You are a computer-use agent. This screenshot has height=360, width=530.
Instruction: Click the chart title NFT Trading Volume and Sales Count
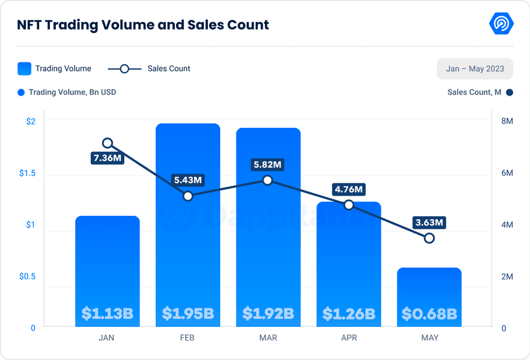pyautogui.click(x=143, y=25)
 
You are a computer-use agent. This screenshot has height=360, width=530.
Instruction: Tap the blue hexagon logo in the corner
pyautogui.click(x=501, y=24)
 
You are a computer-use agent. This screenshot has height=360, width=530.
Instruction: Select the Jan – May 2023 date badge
pyautogui.click(x=475, y=69)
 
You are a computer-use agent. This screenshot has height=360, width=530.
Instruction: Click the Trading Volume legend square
pyautogui.click(x=25, y=69)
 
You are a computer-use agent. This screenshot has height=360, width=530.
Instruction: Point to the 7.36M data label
pyautogui.click(x=108, y=158)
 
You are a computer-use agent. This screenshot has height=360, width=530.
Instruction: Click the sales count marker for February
pyautogui.click(x=188, y=196)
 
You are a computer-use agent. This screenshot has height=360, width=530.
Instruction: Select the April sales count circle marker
pyautogui.click(x=349, y=205)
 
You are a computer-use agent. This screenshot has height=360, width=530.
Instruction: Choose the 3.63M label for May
pyautogui.click(x=429, y=223)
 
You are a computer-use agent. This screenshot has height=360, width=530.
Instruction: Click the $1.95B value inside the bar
pyautogui.click(x=188, y=314)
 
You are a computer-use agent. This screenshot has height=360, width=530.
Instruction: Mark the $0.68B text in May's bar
pyautogui.click(x=429, y=315)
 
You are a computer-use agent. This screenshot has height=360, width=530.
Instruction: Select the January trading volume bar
pyautogui.click(x=108, y=260)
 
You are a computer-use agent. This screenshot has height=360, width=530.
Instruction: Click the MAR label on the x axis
pyautogui.click(x=268, y=338)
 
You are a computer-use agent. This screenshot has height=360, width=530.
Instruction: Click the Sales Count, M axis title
pyautogui.click(x=474, y=92)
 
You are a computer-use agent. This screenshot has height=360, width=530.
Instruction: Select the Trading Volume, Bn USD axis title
pyautogui.click(x=72, y=92)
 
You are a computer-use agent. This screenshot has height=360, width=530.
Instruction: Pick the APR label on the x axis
pyautogui.click(x=349, y=338)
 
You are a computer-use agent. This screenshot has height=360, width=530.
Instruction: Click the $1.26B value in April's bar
pyautogui.click(x=349, y=315)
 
